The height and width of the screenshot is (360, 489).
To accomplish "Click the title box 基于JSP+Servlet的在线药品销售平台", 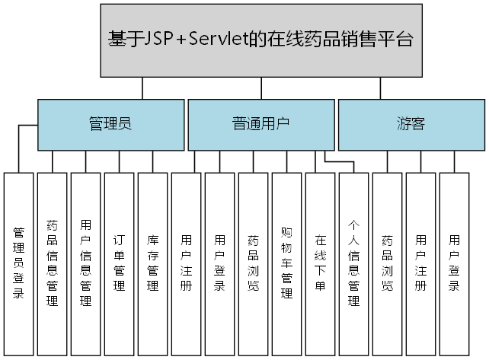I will (x=261, y=40).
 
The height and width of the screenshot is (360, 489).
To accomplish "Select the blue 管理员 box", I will (x=110, y=125).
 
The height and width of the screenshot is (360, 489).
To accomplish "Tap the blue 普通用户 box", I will (x=260, y=125).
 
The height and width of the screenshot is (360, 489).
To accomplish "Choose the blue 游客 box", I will (x=411, y=125).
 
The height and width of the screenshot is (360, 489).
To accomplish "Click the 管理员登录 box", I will (x=19, y=263).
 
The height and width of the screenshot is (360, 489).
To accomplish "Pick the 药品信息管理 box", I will (x=53, y=263).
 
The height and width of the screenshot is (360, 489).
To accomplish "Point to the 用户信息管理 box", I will (x=86, y=263).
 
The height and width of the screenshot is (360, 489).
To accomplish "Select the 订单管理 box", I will (x=120, y=263).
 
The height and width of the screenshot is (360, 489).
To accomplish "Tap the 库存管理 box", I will (x=153, y=263).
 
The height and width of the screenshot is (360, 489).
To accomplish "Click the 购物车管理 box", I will (x=287, y=263).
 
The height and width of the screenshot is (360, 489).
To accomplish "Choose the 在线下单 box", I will (x=321, y=263).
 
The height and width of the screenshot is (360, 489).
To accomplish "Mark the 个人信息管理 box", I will (x=354, y=263).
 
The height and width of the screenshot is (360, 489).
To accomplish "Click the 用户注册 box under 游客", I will (x=421, y=263).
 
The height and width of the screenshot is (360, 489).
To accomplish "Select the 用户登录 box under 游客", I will (x=455, y=263).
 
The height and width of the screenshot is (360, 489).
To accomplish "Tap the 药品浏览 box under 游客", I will (x=388, y=263).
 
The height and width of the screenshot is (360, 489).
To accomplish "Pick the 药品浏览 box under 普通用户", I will (x=254, y=263).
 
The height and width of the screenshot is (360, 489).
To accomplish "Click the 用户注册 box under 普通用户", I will (x=187, y=263).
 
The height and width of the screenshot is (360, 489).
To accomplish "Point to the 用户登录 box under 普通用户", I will (x=220, y=263).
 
